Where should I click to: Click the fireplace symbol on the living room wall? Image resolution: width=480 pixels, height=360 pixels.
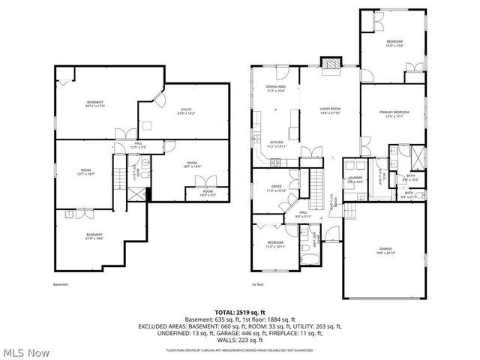(x=329, y=65)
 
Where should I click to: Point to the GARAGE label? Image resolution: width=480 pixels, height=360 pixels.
(x=385, y=251)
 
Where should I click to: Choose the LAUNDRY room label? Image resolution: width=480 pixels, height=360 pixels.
(x=355, y=179)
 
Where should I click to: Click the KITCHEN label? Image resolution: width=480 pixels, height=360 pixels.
(x=276, y=144)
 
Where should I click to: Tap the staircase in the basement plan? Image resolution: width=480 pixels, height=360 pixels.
(x=118, y=178)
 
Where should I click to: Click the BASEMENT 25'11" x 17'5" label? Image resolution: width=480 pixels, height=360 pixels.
(x=94, y=104)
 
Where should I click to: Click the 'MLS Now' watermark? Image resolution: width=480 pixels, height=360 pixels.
(x=25, y=352)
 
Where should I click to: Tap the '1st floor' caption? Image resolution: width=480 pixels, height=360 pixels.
(x=259, y=285)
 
